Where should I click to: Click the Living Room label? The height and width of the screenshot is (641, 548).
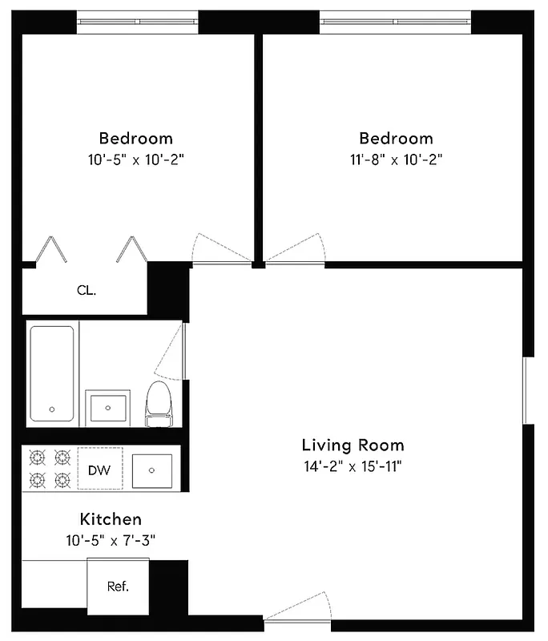pyautogui.click(x=353, y=445)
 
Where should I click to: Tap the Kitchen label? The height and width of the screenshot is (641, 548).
pyautogui.click(x=111, y=519)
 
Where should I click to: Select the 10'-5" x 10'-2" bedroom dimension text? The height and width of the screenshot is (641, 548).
pyautogui.click(x=135, y=159)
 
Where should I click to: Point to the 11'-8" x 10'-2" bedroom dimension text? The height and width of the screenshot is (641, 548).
pyautogui.click(x=396, y=159)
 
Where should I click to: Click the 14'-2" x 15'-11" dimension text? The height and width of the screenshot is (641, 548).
pyautogui.click(x=353, y=466)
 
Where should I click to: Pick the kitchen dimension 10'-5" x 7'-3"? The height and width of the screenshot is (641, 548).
pyautogui.click(x=111, y=540)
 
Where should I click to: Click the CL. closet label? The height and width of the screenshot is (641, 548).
pyautogui.click(x=87, y=291)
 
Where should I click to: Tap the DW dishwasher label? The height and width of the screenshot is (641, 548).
pyautogui.click(x=99, y=470)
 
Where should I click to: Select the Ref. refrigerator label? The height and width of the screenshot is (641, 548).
pyautogui.click(x=118, y=587)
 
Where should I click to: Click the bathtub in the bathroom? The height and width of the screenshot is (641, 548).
pyautogui.click(x=52, y=373)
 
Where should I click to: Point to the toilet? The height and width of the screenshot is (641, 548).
pyautogui.click(x=159, y=403)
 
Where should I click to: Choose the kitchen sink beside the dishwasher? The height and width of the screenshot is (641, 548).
pyautogui.click(x=152, y=469)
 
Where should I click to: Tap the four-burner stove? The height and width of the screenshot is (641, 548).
pyautogui.click(x=49, y=469)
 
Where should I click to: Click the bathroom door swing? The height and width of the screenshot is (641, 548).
pyautogui.click(x=170, y=353)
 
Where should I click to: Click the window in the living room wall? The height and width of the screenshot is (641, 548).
pyautogui.click(x=527, y=390)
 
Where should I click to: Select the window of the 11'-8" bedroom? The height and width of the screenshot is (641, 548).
pyautogui.click(x=396, y=22)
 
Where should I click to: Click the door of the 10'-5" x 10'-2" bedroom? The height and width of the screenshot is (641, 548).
pyautogui.click(x=220, y=249)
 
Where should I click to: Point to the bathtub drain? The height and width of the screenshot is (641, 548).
pyautogui.click(x=52, y=409)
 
